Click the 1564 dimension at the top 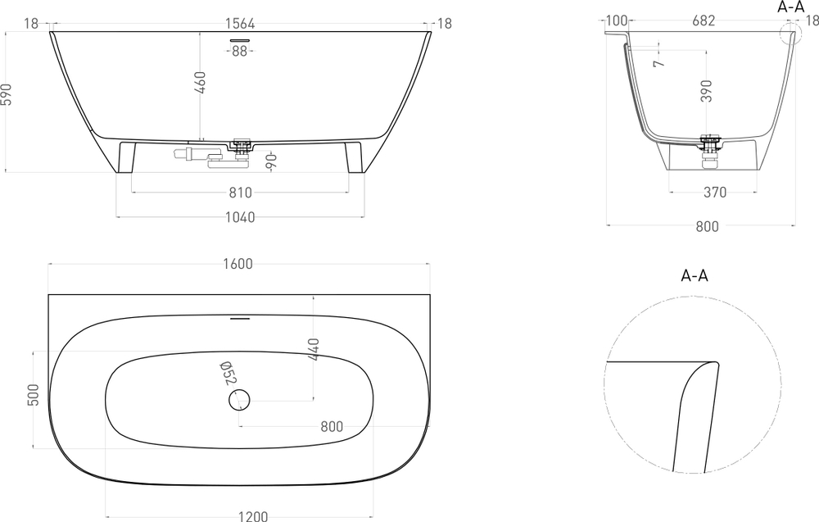[x=239, y=24]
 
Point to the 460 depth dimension [x=200, y=84]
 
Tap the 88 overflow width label [x=239, y=51]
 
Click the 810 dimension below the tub [x=239, y=193]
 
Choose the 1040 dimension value [x=239, y=217]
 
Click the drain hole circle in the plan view [x=239, y=400]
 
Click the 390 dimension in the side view [x=706, y=91]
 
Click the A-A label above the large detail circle [x=695, y=275]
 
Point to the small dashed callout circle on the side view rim [x=790, y=34]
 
